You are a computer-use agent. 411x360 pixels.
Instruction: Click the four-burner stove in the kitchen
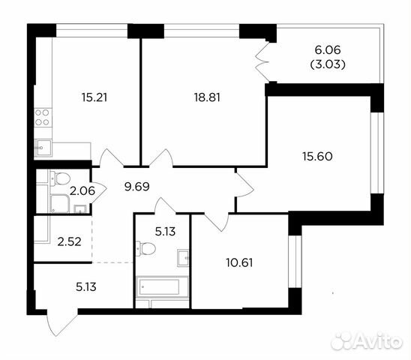[x=43, y=117]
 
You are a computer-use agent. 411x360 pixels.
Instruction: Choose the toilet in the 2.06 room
[x=61, y=178]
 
